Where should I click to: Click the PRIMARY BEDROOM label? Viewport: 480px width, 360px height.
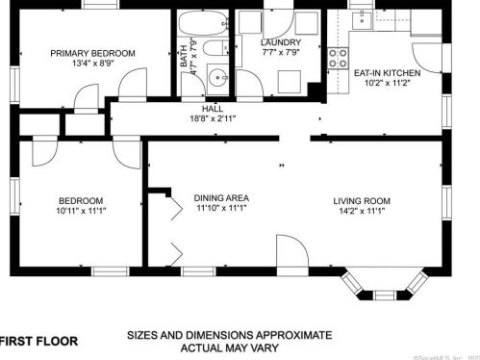click(x=93, y=53)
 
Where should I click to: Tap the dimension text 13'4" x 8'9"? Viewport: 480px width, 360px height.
click(x=93, y=65)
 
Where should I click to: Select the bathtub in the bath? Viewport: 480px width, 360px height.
click(x=200, y=26)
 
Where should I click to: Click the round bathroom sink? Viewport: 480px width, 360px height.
click(x=217, y=79)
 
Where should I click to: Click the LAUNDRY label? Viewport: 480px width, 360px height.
click(x=281, y=42)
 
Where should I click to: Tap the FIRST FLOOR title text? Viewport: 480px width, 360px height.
click(x=38, y=341)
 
